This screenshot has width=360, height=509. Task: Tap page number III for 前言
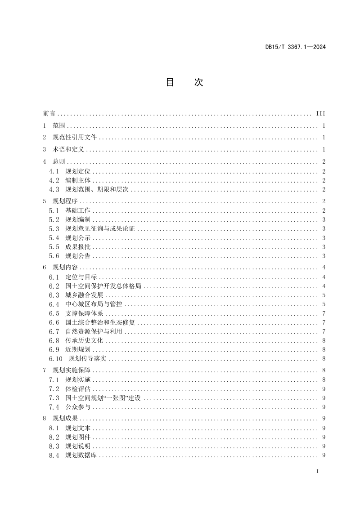click(x=321, y=114)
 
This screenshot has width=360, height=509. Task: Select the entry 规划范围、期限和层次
click(x=97, y=189)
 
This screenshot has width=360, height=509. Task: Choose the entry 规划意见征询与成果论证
click(x=100, y=229)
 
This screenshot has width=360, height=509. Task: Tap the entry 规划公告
click(x=78, y=256)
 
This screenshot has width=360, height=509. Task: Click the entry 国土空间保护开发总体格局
click(x=103, y=286)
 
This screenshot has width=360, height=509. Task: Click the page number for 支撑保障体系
click(x=324, y=313)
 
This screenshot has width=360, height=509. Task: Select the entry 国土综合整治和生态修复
click(x=100, y=322)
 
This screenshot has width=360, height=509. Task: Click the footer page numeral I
click(x=318, y=471)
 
